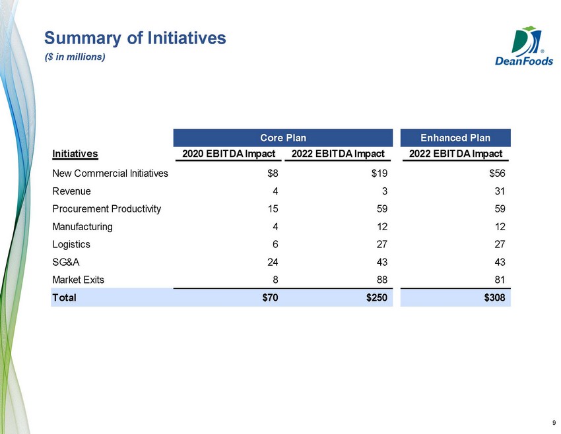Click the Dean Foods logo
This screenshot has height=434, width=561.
524,46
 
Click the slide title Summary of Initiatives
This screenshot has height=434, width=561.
135,38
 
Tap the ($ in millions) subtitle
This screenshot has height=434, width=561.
75,57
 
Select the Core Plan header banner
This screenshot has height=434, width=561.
283,138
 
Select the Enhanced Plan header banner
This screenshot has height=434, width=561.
455,138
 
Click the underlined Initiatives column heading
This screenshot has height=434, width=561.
75,154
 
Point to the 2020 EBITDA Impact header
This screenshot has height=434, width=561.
228,154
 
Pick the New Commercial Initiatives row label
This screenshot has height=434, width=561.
110,173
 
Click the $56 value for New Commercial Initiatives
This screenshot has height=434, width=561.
498,173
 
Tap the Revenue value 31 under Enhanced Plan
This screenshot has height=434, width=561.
500,191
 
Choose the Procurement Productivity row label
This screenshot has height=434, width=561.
107,209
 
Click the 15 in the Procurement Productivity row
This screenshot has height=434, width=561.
273,209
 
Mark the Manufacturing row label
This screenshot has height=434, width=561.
82,227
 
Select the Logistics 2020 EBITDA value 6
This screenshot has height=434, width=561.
275,244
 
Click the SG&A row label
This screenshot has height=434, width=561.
66,262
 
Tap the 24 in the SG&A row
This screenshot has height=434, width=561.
273,262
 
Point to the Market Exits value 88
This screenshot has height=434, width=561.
382,280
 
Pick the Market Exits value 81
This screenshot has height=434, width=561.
500,280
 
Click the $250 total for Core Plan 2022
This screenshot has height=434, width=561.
377,297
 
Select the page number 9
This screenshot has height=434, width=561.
554,423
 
